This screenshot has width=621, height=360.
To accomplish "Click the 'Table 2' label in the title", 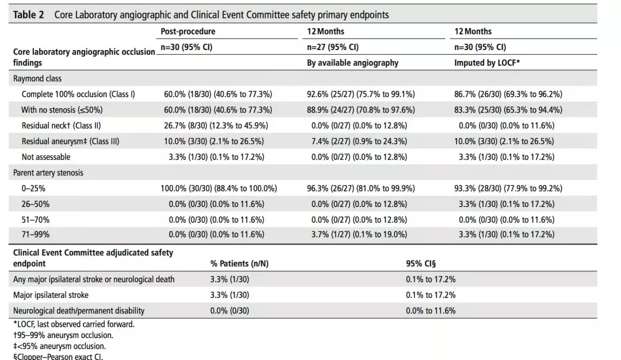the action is click(29, 15).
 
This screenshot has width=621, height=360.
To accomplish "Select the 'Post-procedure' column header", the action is click(187, 31).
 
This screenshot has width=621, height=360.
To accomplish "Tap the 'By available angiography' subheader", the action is click(352, 63).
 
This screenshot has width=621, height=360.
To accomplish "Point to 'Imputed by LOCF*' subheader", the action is click(487, 63).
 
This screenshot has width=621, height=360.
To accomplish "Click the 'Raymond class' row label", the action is click(37, 78).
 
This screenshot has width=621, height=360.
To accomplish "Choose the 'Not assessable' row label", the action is click(46, 157).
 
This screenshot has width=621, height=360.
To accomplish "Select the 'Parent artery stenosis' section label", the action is click(48, 173).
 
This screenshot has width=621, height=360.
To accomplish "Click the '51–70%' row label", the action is click(36, 220).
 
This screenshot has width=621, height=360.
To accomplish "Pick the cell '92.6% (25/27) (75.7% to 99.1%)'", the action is click(361, 94).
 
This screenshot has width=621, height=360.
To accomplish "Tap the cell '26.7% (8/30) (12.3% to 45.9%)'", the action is click(216, 125).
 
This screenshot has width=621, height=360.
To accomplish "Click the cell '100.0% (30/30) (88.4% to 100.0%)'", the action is click(218, 189).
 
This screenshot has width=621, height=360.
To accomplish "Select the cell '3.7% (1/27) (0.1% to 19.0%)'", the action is click(359, 235).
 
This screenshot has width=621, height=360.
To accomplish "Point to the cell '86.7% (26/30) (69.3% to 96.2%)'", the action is click(508, 94).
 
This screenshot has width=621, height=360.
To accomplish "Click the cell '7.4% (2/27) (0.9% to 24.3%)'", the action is click(359, 141).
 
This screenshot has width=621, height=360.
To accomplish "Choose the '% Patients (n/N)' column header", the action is click(239, 264).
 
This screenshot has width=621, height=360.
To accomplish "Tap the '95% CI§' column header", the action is click(420, 264).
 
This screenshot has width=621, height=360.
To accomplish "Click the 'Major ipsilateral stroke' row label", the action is click(51, 295).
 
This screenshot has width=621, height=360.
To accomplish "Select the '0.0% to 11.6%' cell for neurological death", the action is click(431, 311).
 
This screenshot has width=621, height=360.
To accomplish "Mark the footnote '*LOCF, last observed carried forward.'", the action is click(74, 324).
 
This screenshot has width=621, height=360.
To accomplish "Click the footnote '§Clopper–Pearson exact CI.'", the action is click(58, 356).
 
